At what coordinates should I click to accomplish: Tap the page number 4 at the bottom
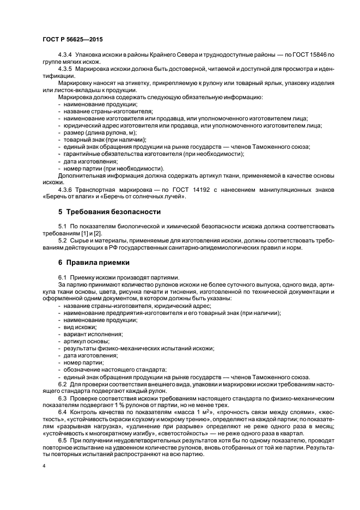pos(44,466)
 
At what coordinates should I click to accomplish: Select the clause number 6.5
pos(63,440)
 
